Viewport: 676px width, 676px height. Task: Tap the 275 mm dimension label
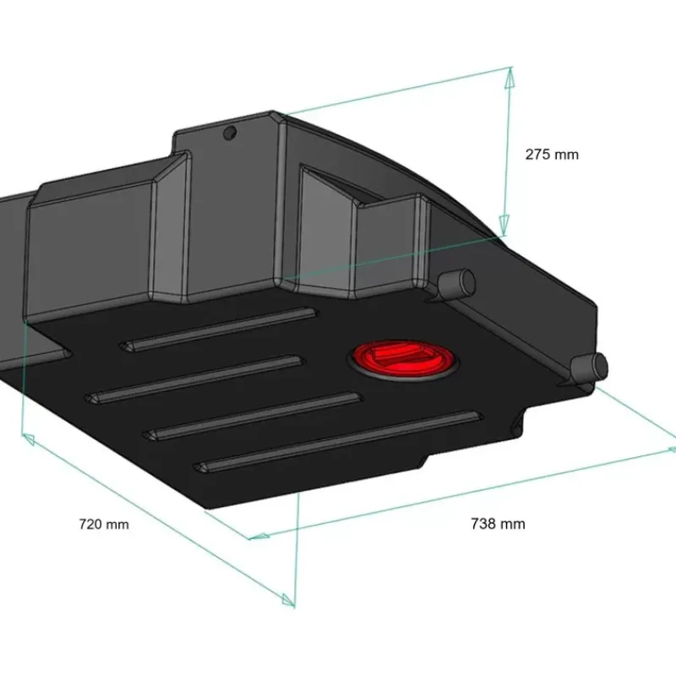click(x=552, y=155)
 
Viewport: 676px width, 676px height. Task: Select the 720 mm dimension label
click(x=104, y=524)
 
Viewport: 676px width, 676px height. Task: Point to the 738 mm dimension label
click(x=498, y=524)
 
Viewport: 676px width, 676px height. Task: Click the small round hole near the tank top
click(x=230, y=133)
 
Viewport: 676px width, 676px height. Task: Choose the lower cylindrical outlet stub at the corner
click(x=590, y=368)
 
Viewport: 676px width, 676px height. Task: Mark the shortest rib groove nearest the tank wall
click(x=218, y=329)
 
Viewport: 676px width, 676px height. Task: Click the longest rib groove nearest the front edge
click(x=337, y=442)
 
